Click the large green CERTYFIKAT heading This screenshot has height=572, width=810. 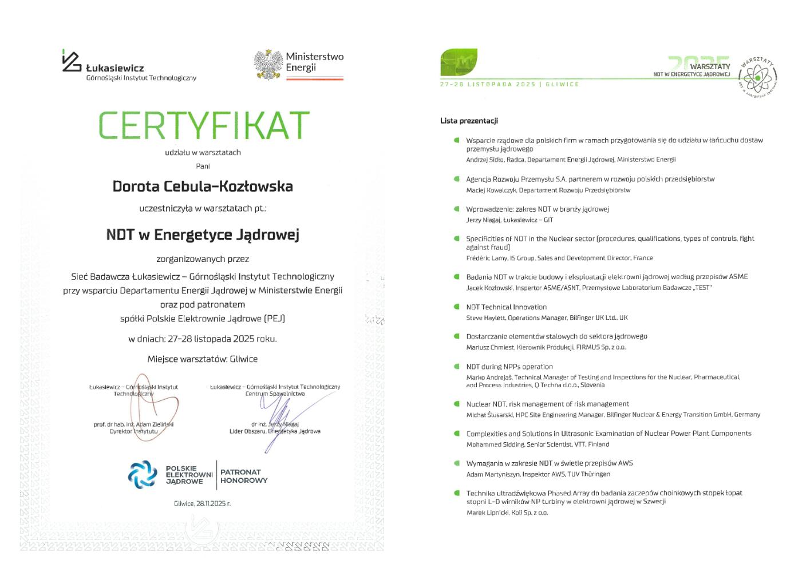[x=204, y=125]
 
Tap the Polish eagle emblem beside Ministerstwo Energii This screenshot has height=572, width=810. [x=268, y=64]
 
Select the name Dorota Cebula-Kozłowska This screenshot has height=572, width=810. [x=203, y=186]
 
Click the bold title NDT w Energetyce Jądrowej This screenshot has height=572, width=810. [x=203, y=235]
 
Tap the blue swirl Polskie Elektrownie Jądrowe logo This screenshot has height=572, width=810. [x=143, y=475]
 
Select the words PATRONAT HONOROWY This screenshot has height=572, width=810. [x=244, y=476]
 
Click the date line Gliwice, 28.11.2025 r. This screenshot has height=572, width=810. [x=202, y=503]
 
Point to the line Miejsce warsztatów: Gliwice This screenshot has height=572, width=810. [x=203, y=359]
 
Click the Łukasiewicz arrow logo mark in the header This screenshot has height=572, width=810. [x=72, y=61]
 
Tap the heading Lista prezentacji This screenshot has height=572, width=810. [x=469, y=121]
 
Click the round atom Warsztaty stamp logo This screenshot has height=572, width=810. [x=757, y=77]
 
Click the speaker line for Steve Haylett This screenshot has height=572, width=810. [x=547, y=317]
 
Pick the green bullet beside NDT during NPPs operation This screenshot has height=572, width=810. [x=456, y=366]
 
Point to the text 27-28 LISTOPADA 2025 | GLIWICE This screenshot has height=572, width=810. [x=509, y=84]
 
